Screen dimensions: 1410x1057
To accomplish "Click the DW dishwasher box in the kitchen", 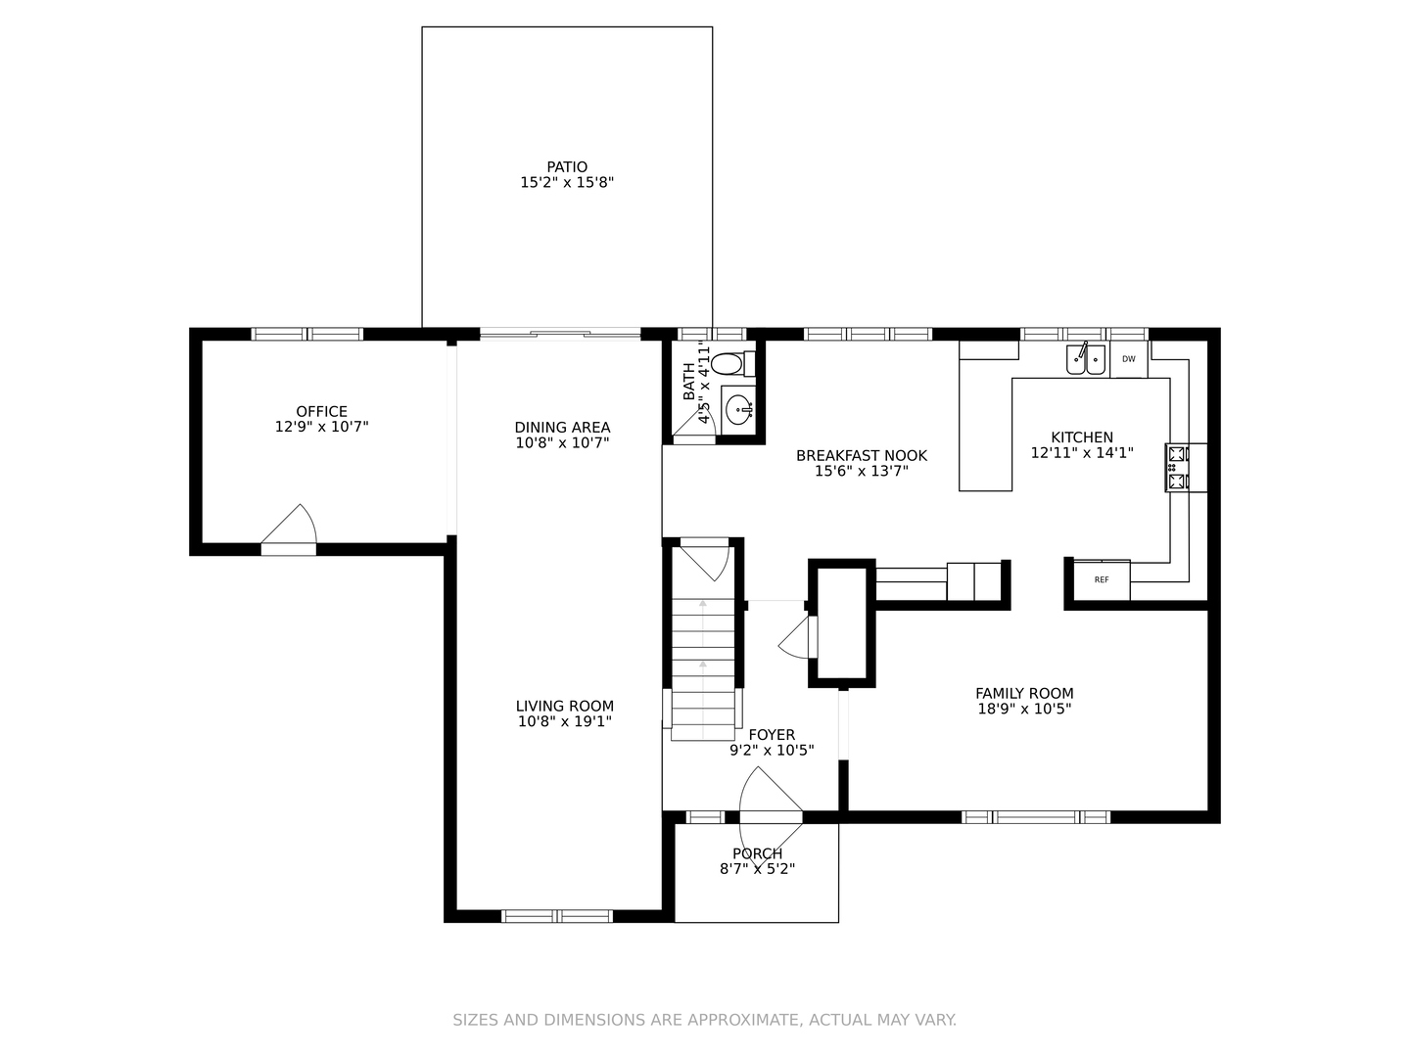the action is coord(1128,359).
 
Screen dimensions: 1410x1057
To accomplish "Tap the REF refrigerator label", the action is coord(1101,580).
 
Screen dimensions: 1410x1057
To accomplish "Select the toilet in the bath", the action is coord(732,364).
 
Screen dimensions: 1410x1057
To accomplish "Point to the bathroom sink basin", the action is coord(738,409).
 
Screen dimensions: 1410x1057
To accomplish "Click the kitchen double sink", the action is coord(1086,359).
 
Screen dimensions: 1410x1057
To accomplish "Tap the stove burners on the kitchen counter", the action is coord(1177,468).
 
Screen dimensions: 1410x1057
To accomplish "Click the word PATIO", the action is coord(567,166).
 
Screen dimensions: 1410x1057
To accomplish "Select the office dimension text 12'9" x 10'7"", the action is coord(321,427).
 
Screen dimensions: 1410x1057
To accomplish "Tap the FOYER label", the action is coord(772,735).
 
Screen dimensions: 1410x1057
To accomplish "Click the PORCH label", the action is coord(757,853).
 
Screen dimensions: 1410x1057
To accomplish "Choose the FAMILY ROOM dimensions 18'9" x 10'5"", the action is coord(1024,710).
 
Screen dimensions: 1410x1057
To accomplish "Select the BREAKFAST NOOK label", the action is coord(862,456).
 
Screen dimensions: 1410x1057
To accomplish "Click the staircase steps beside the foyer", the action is coord(703,669).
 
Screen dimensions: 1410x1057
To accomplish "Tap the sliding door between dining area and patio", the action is coord(560,334).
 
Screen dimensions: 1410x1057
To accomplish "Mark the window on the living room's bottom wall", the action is coord(557,916).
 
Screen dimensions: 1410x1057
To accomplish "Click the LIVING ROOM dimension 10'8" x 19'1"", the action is coord(565,721).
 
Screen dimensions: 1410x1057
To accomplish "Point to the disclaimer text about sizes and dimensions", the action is coord(705,1020).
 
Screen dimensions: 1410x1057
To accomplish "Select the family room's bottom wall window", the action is coord(1036,817).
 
